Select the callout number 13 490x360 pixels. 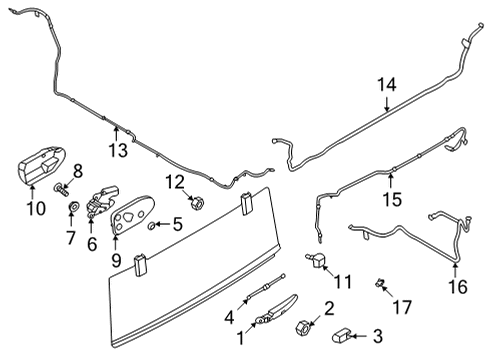pos(118,151)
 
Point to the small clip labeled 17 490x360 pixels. pos(381,283)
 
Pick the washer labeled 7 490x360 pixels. pos(72,207)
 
